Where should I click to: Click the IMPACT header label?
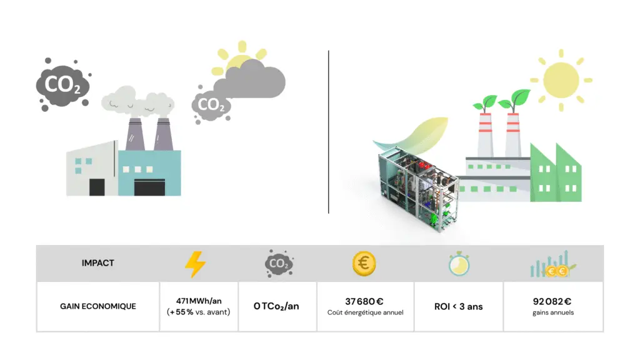tap(98, 263)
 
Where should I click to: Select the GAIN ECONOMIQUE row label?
tap(98, 306)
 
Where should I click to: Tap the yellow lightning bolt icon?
tap(195, 264)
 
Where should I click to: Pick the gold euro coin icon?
tap(364, 263)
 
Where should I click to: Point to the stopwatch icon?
tap(458, 264)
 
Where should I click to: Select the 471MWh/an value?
tap(199, 301)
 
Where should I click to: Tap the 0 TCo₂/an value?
tap(276, 306)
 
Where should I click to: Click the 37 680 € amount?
tap(364, 301)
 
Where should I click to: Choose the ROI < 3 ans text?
tap(458, 306)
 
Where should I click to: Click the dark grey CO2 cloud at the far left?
tap(62, 85)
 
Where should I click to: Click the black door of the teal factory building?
tap(149, 187)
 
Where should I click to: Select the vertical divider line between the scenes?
tap(328, 131)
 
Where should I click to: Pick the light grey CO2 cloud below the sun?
tap(211, 104)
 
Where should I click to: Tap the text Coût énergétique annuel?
tap(364, 312)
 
